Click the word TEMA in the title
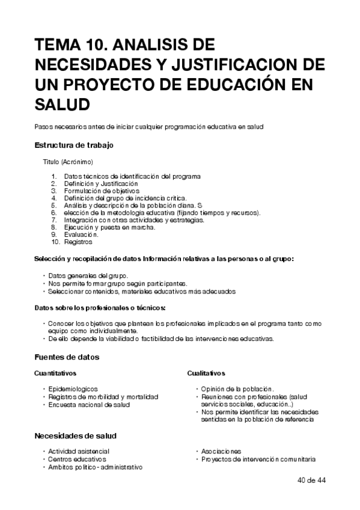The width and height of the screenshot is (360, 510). click(57, 46)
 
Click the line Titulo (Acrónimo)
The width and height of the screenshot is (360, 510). click(67, 162)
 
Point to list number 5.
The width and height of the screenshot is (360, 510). click(53, 205)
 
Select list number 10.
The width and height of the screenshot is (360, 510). click(55, 242)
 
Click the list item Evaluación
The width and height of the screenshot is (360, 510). click(81, 235)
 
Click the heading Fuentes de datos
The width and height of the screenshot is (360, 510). click(67, 357)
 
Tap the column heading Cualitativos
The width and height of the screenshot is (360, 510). click(206, 373)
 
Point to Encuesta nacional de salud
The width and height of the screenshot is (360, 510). click(89, 405)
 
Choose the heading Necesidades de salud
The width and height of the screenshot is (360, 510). click(75, 435)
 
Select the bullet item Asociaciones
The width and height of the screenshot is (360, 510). click(221, 451)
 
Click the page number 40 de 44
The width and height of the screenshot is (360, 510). click(311, 481)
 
